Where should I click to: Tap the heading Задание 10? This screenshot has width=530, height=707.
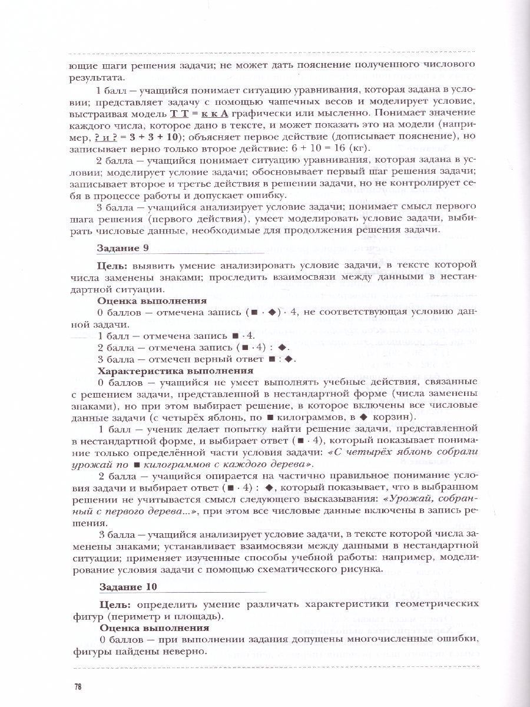[x=128, y=587]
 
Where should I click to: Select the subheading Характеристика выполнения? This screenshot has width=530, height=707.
[x=175, y=371]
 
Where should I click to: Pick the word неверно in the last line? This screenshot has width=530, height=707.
[x=187, y=652]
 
